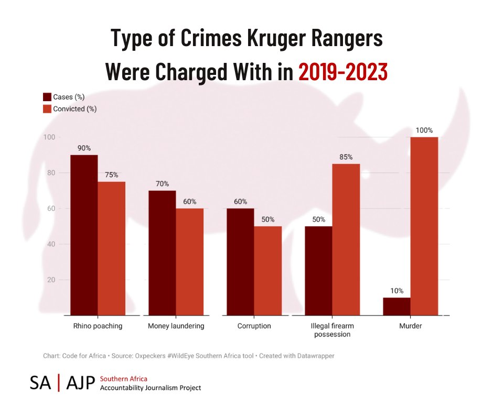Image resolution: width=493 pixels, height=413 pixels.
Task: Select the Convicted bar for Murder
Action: pyautogui.click(x=424, y=226)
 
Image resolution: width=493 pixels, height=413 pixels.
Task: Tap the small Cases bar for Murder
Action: pyautogui.click(x=397, y=307)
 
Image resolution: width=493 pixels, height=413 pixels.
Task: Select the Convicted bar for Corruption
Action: pyautogui.click(x=268, y=270)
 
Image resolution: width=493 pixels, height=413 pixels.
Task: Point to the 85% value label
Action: pyautogui.click(x=346, y=157)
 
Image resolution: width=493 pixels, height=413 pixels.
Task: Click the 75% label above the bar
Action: pyautogui.click(x=111, y=175)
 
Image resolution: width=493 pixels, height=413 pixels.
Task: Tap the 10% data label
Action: pyautogui.click(x=396, y=290)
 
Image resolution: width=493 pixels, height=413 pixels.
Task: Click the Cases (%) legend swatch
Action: pyautogui.click(x=47, y=97)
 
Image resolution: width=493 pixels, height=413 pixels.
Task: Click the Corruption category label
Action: pyautogui.click(x=254, y=326)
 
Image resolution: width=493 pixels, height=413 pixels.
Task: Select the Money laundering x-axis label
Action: pyautogui.click(x=176, y=326)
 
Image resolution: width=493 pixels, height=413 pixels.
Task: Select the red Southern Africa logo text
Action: pyautogui.click(x=124, y=378)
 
